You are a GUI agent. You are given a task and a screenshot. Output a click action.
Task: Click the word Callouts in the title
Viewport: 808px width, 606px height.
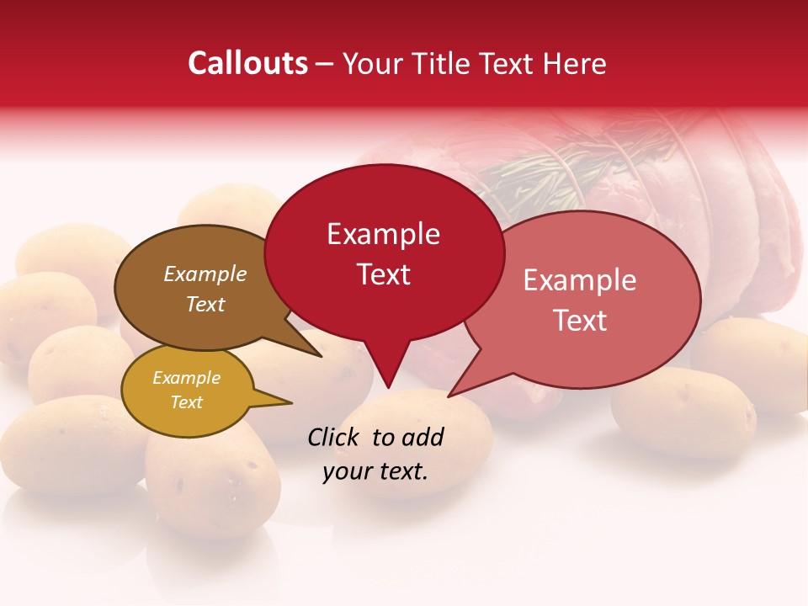(247, 63)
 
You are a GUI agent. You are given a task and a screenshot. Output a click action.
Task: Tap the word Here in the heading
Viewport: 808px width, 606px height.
(574, 63)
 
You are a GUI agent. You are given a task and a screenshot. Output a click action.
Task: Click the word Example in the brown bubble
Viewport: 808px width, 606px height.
(205, 274)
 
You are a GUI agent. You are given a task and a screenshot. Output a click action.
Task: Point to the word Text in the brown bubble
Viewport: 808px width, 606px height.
(205, 304)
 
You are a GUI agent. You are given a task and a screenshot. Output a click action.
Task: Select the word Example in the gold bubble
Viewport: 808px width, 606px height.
(186, 378)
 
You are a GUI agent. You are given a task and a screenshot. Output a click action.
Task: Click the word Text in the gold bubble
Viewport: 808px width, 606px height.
(186, 402)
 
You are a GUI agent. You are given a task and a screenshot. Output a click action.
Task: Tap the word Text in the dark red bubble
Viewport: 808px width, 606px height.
(383, 274)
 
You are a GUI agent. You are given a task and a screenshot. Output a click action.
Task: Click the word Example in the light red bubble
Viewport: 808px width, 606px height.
(580, 280)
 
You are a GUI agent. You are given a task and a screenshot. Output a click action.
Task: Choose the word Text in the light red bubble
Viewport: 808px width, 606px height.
(580, 320)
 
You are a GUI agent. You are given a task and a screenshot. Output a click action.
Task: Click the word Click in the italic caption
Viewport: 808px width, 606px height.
(335, 437)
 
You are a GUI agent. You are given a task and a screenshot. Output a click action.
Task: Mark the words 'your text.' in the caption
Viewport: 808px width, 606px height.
(375, 471)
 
